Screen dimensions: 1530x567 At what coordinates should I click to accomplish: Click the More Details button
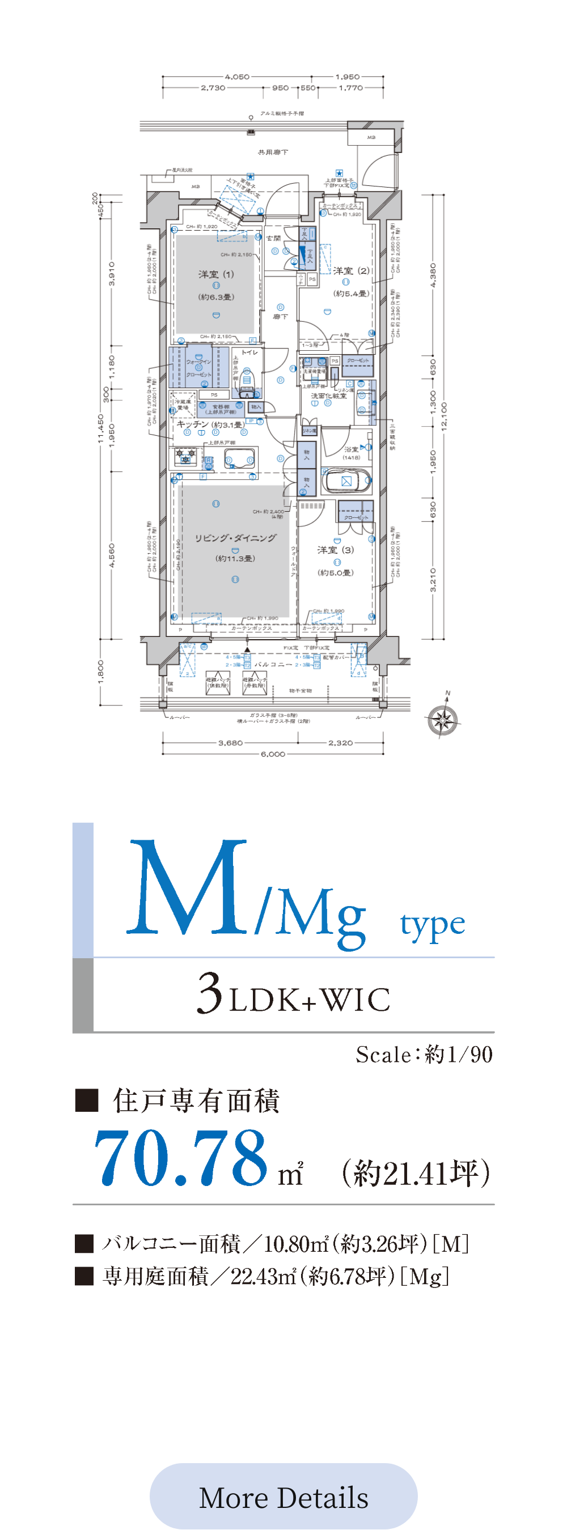pos(283,1497)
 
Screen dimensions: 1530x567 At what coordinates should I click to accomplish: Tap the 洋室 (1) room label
pos(217,274)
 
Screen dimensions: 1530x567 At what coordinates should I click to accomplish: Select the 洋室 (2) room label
pos(351,271)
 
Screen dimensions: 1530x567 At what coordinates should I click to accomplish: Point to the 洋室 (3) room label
pos(335,550)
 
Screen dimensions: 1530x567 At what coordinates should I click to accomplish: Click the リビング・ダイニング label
pos(235,538)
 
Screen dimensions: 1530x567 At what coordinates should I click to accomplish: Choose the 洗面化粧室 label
pos(328,396)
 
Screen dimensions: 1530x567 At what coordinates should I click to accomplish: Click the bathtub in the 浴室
pos(346,481)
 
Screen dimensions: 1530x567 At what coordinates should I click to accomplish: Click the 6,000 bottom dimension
pos(273,754)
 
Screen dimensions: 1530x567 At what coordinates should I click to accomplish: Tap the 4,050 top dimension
pos(237,76)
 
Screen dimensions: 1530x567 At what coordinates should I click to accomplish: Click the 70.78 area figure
pos(181,1158)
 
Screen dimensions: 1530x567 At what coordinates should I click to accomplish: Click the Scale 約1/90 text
pos(424,1054)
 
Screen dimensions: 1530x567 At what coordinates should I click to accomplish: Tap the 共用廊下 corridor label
pos(273,152)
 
